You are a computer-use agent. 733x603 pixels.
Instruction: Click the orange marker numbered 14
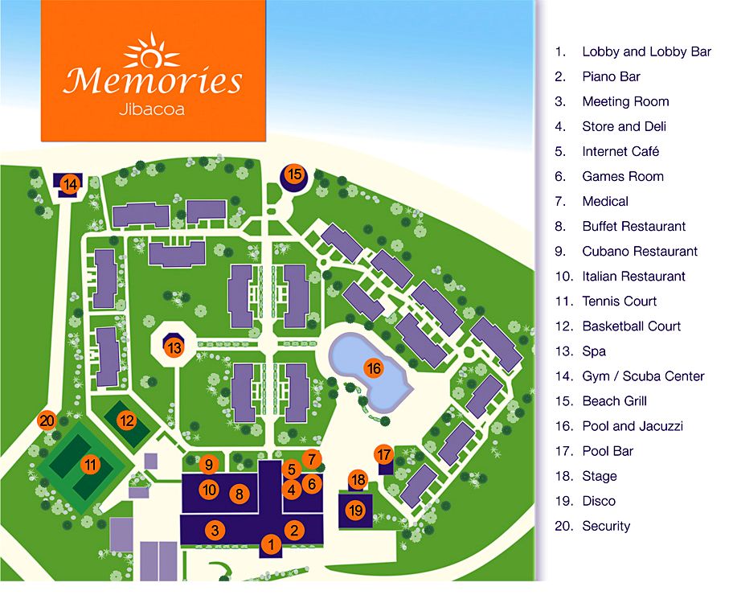pos(71,184)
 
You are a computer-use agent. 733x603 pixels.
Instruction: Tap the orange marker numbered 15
pos(294,174)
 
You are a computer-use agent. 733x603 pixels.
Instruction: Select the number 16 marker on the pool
pos(373,368)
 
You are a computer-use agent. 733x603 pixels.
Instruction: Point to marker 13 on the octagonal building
pos(174,348)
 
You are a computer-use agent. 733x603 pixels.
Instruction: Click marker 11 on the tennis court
pos(90,463)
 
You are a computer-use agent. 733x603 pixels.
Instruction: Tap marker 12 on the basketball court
pos(126,420)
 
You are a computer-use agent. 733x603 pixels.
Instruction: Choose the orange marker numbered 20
pos(47,420)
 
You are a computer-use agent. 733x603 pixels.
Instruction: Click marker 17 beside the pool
pos(383,453)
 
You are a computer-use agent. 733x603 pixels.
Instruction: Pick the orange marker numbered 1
pos(271,544)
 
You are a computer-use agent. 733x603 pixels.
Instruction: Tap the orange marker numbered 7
pos(312,459)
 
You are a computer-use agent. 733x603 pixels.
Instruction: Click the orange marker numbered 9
pos(208,464)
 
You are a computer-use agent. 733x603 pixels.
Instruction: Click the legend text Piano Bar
pos(611,76)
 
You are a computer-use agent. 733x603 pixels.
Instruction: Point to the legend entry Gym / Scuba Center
pos(643,376)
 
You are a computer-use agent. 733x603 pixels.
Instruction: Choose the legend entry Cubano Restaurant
pos(640,251)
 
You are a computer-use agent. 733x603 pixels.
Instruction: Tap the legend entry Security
pos(606,526)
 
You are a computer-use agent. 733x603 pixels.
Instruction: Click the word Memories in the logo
pos(153,81)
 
